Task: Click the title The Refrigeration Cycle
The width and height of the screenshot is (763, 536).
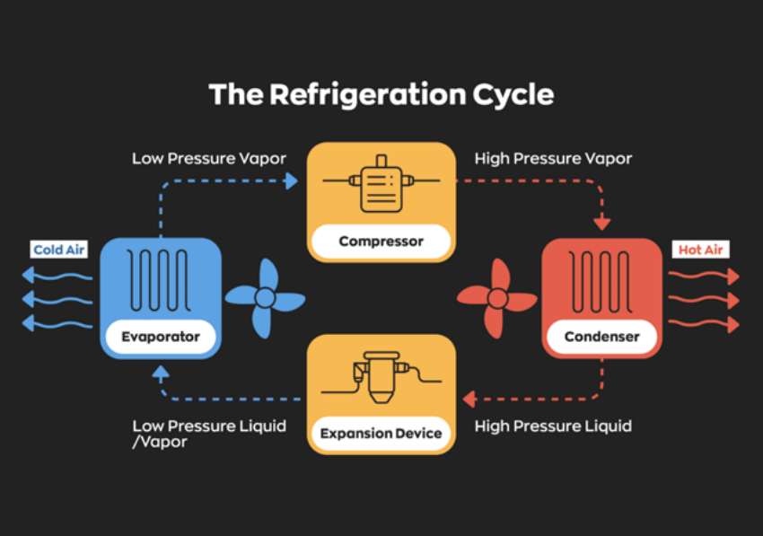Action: click(381, 94)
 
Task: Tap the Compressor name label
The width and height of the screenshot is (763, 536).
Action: click(381, 241)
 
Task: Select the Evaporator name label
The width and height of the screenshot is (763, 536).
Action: click(160, 338)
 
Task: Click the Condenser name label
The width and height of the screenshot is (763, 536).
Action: click(601, 338)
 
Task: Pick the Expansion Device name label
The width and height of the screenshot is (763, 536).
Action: click(381, 433)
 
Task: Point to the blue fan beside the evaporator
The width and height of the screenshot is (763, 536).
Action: click(265, 298)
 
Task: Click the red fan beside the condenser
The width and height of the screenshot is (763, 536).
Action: click(496, 298)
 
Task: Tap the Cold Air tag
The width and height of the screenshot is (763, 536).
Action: click(59, 250)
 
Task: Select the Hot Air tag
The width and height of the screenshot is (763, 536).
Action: click(700, 250)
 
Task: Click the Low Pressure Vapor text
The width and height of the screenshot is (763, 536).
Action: click(209, 159)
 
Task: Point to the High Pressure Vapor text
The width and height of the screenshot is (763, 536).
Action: click(553, 159)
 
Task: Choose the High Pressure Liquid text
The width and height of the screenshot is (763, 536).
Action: click(553, 426)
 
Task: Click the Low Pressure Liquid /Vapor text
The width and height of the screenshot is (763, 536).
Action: click(209, 434)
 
